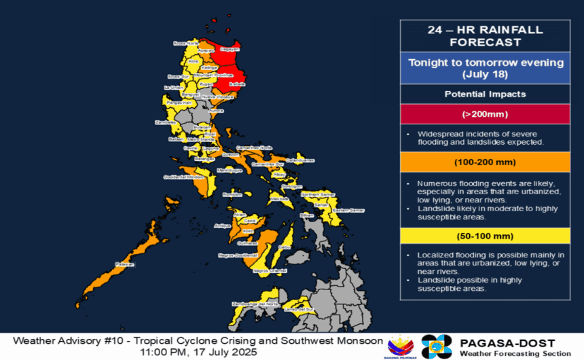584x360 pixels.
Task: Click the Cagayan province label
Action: tap(232, 49)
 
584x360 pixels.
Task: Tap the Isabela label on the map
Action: tap(237, 84)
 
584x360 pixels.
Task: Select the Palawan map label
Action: tap(126, 264)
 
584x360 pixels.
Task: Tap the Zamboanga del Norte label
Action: tap(253, 304)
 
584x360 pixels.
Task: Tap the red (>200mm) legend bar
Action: tap(485, 113)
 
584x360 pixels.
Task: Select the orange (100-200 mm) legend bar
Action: tap(485, 163)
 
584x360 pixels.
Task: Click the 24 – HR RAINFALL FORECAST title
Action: tap(485, 36)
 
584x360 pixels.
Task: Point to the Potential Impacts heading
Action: tap(485, 94)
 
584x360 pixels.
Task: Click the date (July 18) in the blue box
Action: tap(485, 74)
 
